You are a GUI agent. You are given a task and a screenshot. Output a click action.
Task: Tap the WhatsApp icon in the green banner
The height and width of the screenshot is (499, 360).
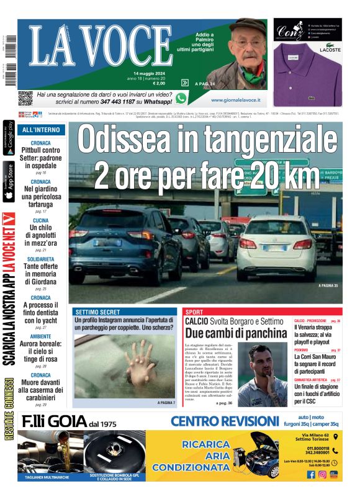tap(181, 98)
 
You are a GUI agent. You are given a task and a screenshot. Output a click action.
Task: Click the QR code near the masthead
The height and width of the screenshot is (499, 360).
tap(25, 97)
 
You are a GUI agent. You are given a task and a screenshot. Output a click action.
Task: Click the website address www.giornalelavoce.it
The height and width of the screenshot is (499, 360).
tap(235, 99)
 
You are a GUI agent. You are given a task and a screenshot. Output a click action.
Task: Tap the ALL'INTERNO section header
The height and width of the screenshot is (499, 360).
tap(41, 130)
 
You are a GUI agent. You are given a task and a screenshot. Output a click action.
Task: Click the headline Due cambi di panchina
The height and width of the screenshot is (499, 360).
tap(236, 333)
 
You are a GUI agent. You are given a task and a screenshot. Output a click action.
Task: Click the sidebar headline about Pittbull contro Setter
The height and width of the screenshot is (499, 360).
tap(41, 158)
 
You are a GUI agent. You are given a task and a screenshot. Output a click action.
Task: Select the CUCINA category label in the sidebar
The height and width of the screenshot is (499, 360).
tap(41, 220)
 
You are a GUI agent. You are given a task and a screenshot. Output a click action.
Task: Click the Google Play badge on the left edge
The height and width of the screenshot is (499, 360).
tap(9, 140)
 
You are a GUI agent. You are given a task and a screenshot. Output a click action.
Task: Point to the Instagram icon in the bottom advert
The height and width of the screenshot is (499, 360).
tap(322, 474)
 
